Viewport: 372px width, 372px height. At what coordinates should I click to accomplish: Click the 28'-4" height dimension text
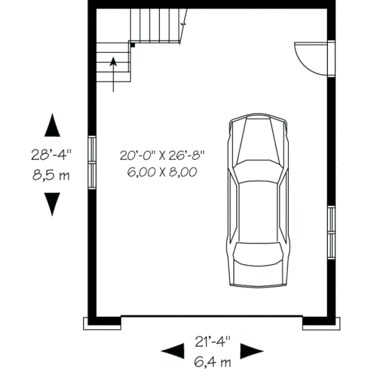tap(53, 153)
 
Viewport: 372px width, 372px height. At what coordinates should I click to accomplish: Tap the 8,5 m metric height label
tap(51, 175)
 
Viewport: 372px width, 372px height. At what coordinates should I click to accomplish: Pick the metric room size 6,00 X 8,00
tap(162, 173)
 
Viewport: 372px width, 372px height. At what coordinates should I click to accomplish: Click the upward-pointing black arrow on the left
tap(53, 126)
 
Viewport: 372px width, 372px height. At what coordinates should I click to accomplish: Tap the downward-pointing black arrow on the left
tap(53, 203)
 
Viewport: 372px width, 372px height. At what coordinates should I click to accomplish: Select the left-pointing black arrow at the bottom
tap(172, 351)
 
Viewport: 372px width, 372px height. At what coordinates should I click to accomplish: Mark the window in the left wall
tap(92, 162)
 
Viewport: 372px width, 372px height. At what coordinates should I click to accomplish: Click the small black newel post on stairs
tap(132, 45)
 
